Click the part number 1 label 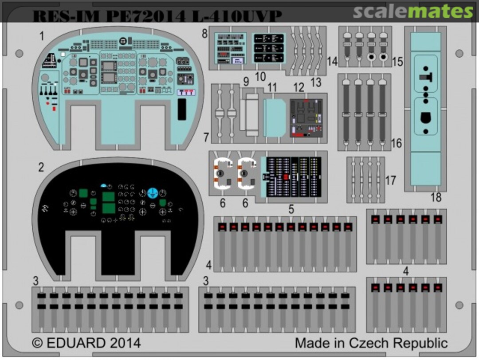pos(42,36)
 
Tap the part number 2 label pos(41,168)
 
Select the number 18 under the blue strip pos(436,198)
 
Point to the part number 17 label pos(390,180)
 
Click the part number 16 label pos(396,143)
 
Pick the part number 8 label pos(204,34)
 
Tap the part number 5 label pos(291,209)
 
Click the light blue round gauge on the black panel pos(153,192)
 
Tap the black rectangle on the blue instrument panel pos(182,109)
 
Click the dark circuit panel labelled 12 pos(306,117)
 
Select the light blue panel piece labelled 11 pos(274,117)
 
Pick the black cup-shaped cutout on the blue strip pos(425,119)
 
